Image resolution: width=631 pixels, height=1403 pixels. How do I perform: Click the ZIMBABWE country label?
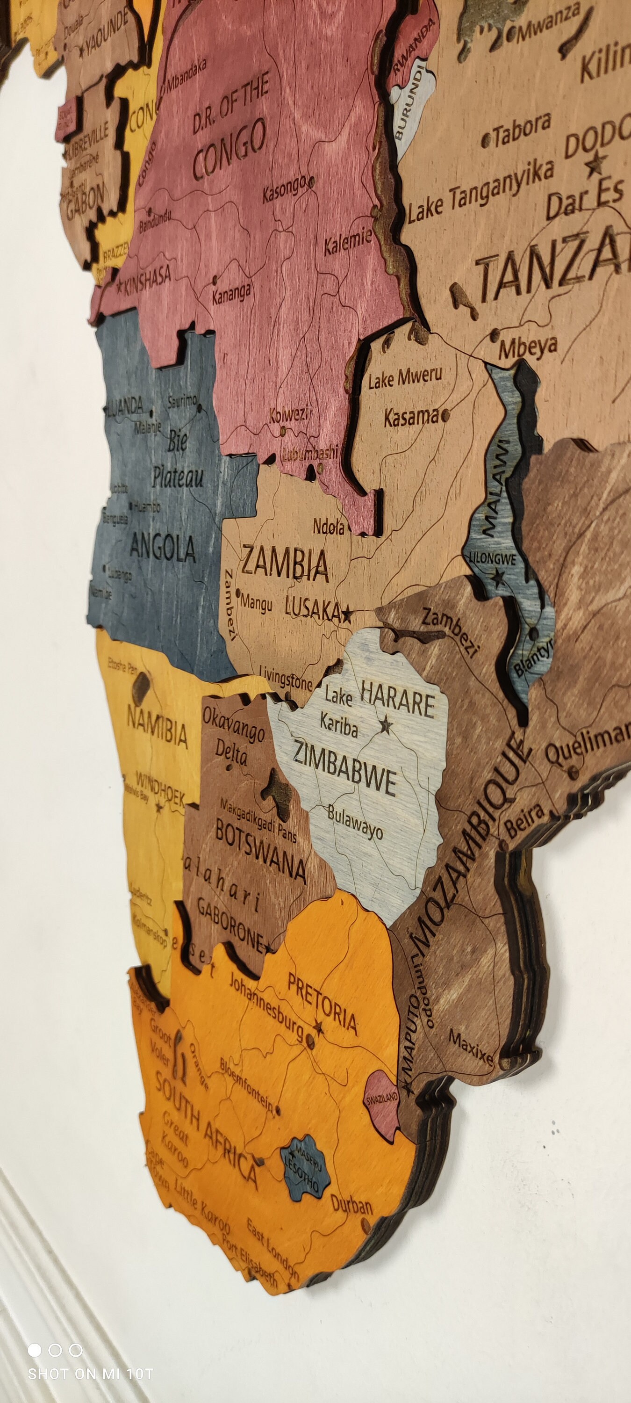(344, 768)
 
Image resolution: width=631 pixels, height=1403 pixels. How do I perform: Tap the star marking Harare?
(386, 724)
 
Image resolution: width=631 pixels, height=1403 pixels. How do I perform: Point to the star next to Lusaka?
(346, 615)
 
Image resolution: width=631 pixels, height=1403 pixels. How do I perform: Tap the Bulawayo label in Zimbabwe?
(355, 823)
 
